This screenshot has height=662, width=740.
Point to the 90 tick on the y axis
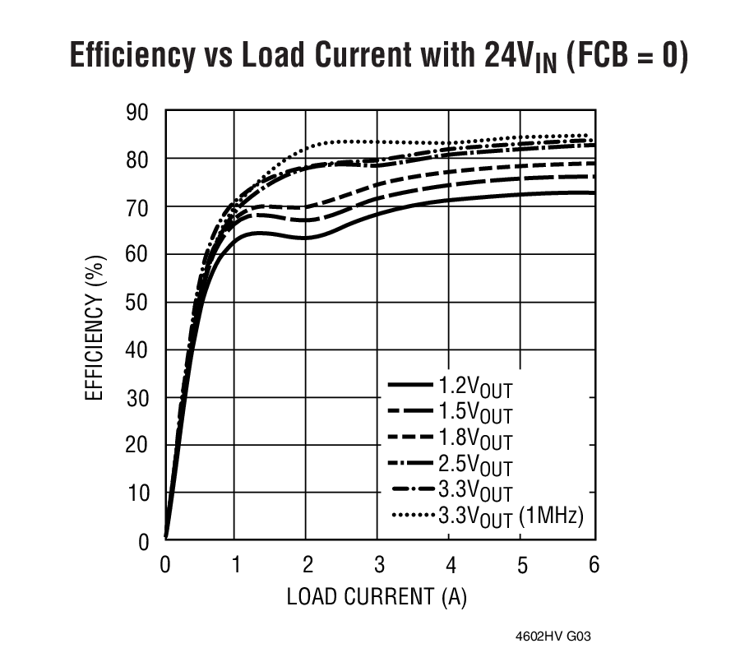click(138, 111)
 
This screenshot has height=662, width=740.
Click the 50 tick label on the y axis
click(138, 303)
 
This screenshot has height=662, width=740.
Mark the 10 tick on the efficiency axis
click(138, 493)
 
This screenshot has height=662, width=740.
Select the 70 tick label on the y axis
click(138, 206)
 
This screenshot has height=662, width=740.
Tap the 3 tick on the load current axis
click(377, 564)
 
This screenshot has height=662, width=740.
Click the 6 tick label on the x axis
click(593, 564)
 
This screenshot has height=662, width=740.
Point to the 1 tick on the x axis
click(235, 564)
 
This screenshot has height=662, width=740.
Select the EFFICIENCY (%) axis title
click(95, 326)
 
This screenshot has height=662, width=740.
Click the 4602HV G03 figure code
click(553, 637)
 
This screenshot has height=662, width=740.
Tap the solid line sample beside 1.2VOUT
click(409, 385)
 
